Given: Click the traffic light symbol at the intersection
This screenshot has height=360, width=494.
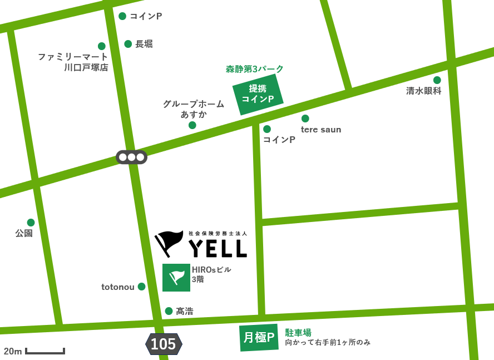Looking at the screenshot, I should (x=131, y=157).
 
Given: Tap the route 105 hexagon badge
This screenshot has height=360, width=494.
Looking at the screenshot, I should (x=164, y=344).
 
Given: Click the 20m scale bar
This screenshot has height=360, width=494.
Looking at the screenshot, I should (x=45, y=351).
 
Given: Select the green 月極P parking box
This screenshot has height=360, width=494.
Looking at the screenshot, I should (x=259, y=337).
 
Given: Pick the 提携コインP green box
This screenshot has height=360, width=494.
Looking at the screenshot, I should (x=258, y=94).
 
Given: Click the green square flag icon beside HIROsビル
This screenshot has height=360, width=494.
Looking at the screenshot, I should (x=176, y=277).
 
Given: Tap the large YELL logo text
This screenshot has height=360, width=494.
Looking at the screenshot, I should (x=218, y=249).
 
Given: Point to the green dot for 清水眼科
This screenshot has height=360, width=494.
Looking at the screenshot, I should (x=437, y=80).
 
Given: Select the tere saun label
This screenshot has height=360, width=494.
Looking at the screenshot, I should (x=321, y=130).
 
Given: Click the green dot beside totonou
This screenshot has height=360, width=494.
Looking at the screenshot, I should (x=142, y=287).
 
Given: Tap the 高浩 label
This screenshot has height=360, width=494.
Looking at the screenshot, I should (x=185, y=312).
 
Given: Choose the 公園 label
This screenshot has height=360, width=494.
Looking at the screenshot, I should (x=24, y=233).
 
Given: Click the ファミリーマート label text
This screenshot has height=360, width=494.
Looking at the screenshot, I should (x=73, y=57).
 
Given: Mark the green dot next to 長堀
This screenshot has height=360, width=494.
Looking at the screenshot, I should (x=128, y=44).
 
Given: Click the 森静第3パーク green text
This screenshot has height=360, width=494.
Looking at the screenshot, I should (x=255, y=69).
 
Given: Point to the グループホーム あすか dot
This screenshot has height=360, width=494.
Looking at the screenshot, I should (x=192, y=125).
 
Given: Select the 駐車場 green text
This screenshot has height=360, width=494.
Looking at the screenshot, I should (x=298, y=332).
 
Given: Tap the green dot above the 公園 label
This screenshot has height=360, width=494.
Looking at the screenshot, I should (x=31, y=223).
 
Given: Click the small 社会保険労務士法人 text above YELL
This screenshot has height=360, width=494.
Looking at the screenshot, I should (x=218, y=234).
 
